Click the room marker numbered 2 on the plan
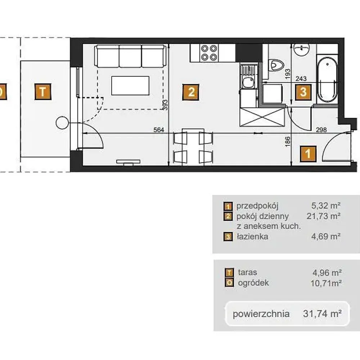[190, 92]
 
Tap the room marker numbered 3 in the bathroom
[303, 92]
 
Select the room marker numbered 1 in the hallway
[308, 154]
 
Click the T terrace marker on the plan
[43, 91]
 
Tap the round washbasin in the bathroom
[302, 50]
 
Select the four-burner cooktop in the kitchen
[209, 53]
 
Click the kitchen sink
[248, 76]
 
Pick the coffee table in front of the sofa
[130, 86]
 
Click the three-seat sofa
[130, 56]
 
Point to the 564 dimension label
[159, 130]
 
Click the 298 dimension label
[321, 130]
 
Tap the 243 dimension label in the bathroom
[301, 78]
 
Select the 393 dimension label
[165, 105]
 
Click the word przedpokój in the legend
[257, 206]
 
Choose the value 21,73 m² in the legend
[324, 216]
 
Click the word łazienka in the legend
[252, 237]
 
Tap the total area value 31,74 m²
[322, 314]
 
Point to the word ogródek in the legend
[253, 283]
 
